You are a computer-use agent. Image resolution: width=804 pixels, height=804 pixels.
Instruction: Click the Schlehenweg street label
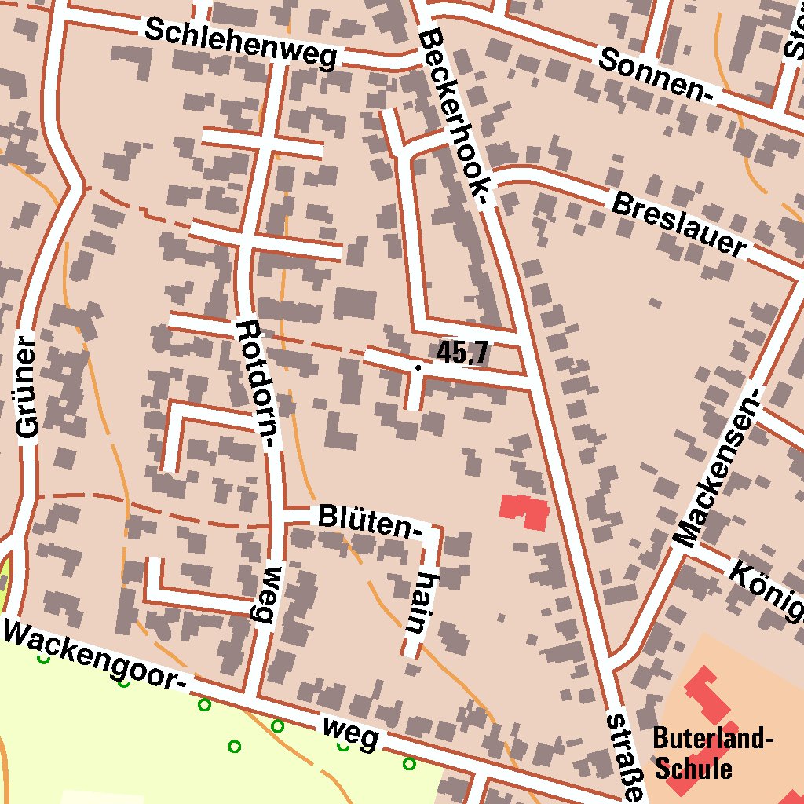coord(241,44)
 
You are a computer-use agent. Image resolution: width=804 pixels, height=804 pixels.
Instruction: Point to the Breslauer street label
coord(678,225)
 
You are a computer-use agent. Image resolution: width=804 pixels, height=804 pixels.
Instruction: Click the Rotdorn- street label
coord(258,385)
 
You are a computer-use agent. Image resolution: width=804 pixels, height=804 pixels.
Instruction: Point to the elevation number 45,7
coord(462,353)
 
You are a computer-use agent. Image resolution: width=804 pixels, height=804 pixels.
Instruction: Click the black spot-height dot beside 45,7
coord(418,367)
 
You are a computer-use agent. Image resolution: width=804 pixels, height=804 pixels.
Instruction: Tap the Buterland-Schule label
coord(713,752)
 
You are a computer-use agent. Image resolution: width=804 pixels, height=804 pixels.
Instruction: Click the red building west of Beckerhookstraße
coord(525,511)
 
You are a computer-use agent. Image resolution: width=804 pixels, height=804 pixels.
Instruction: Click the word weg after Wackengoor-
coord(351,733)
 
